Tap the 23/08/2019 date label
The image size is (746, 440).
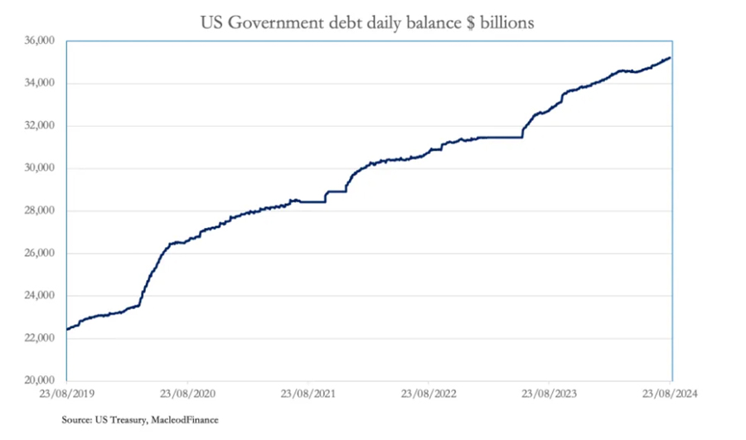pyautogui.click(x=65, y=394)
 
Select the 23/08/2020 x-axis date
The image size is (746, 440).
pyautogui.click(x=187, y=394)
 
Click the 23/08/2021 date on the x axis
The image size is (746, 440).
pyautogui.click(x=309, y=394)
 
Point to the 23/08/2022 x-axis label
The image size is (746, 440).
pyautogui.click(x=429, y=394)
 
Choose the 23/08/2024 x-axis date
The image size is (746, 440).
pyautogui.click(x=671, y=394)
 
